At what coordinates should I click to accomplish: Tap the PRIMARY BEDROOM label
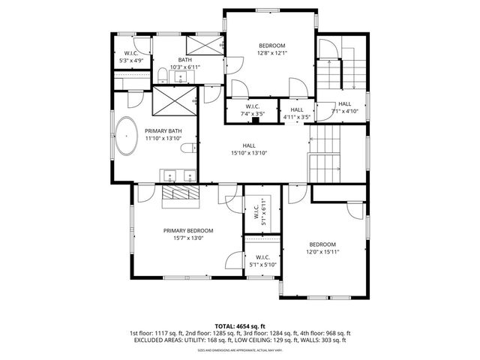(x=189, y=230)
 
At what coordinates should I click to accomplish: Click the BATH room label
(x=184, y=60)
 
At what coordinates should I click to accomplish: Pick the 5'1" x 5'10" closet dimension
(x=262, y=264)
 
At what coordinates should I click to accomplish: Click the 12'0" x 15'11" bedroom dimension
(x=322, y=252)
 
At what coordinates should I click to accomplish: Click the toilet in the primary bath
(x=192, y=147)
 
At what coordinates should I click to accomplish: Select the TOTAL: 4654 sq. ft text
(x=240, y=325)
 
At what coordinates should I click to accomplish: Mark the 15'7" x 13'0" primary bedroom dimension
(x=189, y=238)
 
